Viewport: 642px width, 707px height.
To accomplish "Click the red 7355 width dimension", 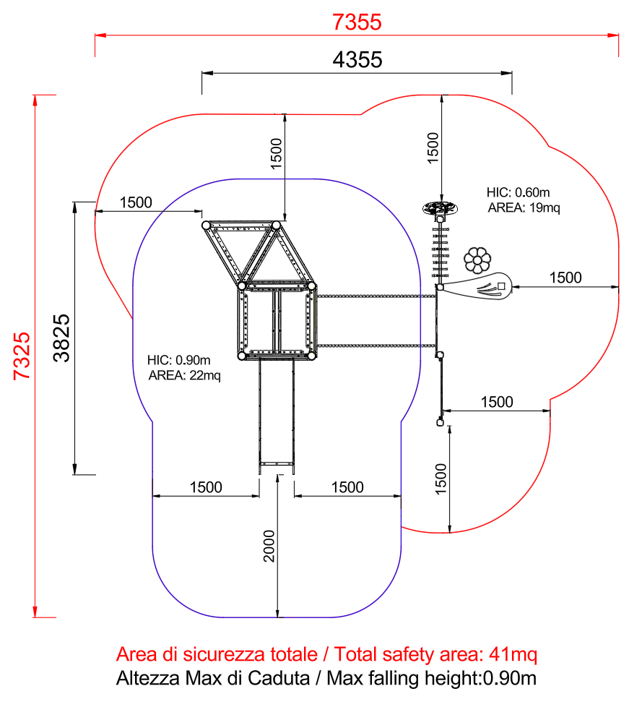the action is pos(357,22).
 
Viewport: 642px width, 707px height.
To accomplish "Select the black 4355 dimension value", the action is pos(357,59).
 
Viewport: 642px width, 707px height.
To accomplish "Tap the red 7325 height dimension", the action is pos(22,356).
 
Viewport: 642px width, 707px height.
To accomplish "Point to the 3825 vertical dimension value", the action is pos(61,338).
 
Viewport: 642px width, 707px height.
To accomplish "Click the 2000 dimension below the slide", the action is pos(269,546).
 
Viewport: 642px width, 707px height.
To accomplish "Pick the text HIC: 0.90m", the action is pos(179,360).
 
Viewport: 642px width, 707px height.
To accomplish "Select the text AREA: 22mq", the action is pos(185,375).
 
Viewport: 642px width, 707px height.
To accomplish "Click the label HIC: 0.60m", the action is pos(518,192).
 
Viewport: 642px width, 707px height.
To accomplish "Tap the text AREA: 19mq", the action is pos(524,207).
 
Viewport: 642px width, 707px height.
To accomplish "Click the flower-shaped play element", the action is pos(477,260).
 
